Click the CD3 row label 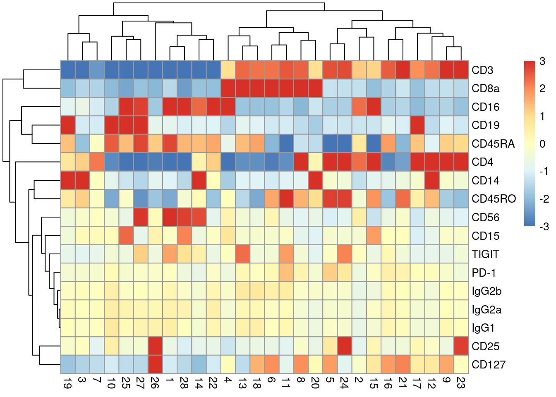pyautogui.click(x=482, y=70)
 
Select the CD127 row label pyautogui.click(x=488, y=365)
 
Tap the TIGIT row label pyautogui.click(x=485, y=254)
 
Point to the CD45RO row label pyautogui.click(x=494, y=199)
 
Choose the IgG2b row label pyautogui.click(x=486, y=291)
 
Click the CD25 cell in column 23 pyautogui.click(x=461, y=346)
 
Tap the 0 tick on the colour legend pyautogui.click(x=542, y=144)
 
